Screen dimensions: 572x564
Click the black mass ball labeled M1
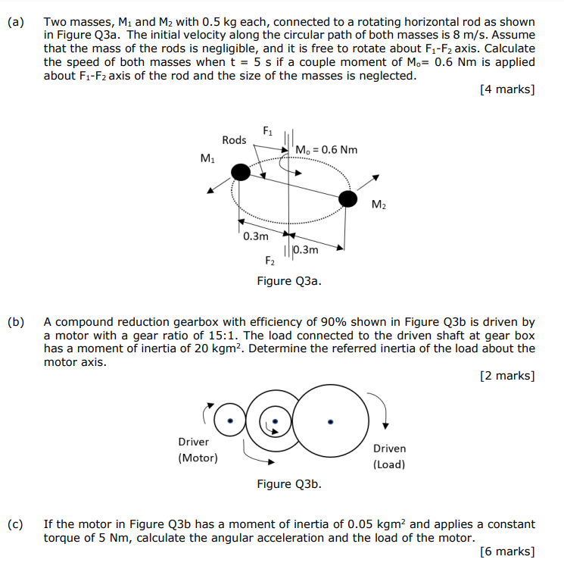(240, 173)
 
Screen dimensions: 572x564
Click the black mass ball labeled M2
(347, 199)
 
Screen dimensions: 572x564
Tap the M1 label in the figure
(207, 158)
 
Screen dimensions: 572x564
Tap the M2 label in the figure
(379, 205)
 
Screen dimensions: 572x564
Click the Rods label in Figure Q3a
(234, 139)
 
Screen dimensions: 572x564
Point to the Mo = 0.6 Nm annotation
(327, 149)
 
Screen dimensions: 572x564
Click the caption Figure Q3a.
(288, 281)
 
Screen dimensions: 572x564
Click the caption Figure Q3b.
(288, 484)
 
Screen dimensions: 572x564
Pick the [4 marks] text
(507, 89)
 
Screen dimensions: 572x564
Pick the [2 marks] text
(507, 376)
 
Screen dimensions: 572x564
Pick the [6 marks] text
(507, 552)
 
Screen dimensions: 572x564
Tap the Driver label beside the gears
(194, 442)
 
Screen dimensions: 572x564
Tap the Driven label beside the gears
(389, 449)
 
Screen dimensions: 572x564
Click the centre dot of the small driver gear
(232, 420)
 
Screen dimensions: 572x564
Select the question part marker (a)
(16, 22)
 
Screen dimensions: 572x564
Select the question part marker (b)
(16, 322)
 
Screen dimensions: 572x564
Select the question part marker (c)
(16, 524)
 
